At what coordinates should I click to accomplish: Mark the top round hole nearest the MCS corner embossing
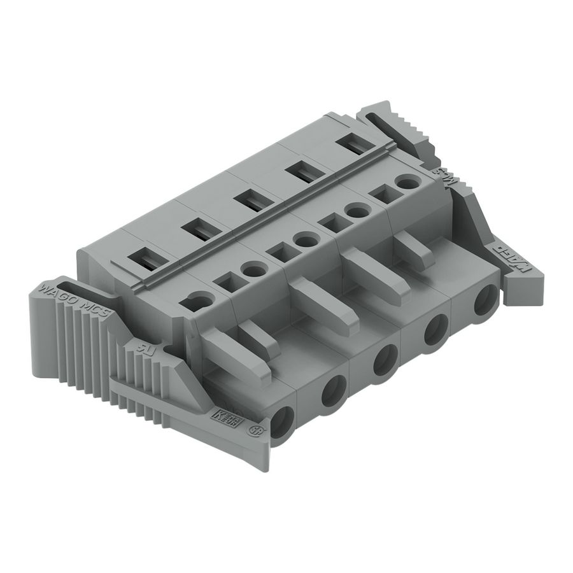pos(406,182)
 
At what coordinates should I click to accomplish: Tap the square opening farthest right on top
pos(383,194)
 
